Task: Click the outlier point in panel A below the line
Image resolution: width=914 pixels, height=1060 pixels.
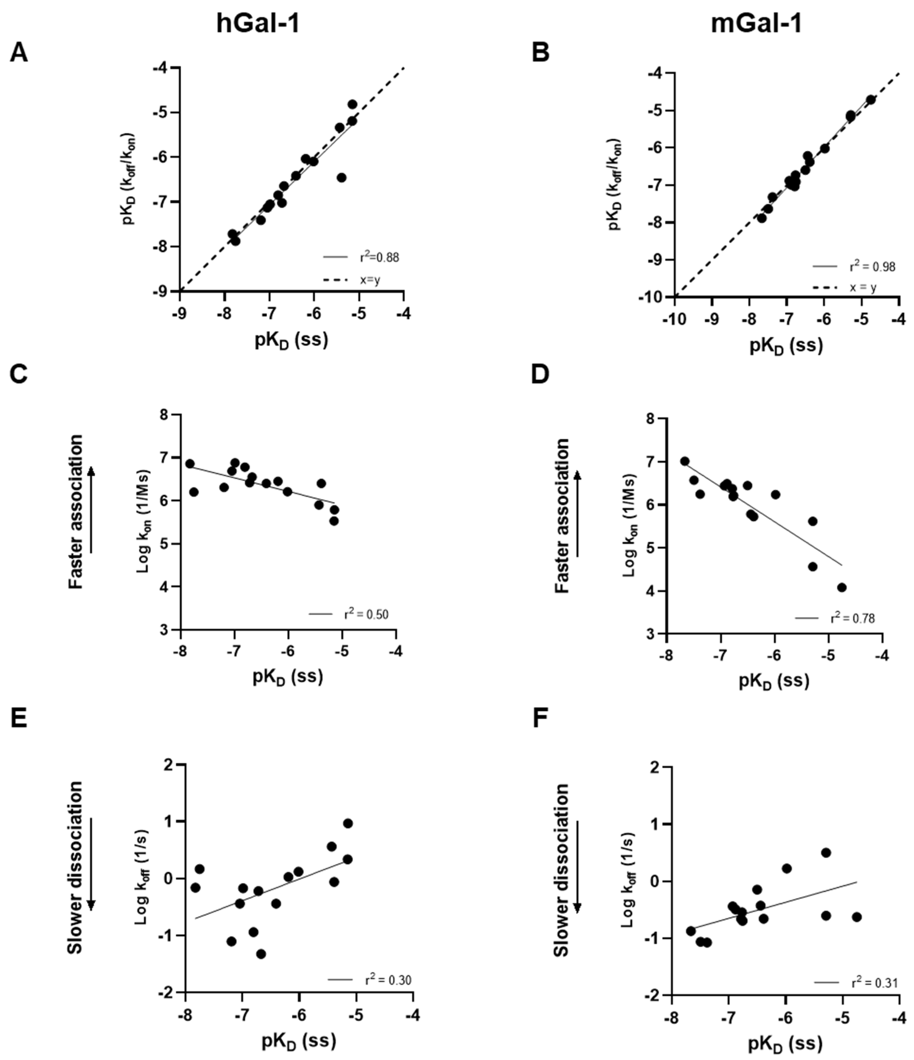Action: (342, 177)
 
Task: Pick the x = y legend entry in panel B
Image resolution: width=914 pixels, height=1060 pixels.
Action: (863, 287)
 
